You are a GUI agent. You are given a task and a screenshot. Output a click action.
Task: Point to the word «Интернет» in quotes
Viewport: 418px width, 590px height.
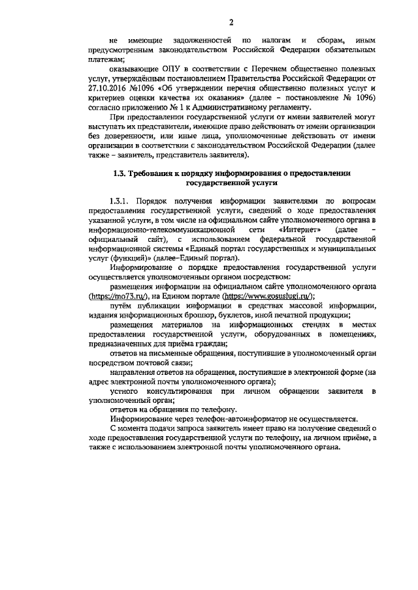coord(299,230)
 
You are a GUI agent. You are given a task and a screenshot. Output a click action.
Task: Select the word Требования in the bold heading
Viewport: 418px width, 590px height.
coord(152,174)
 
